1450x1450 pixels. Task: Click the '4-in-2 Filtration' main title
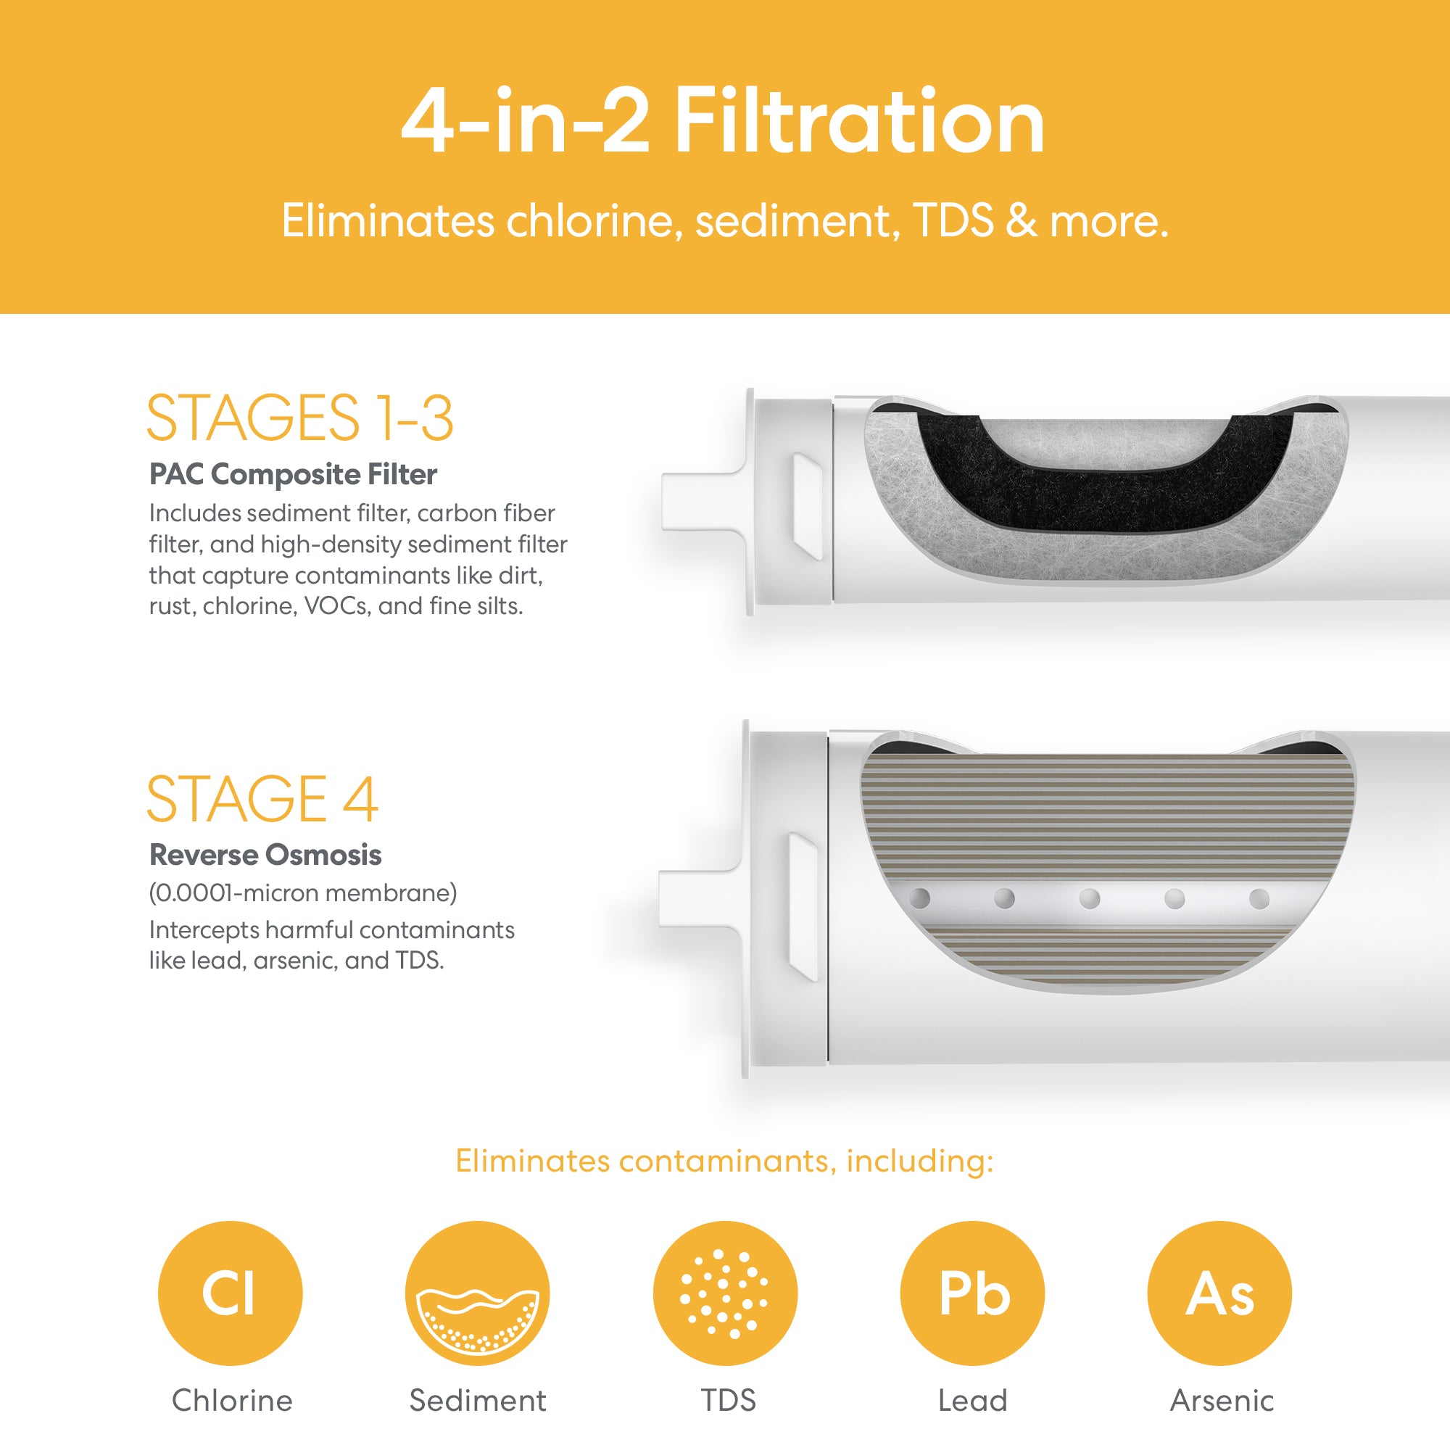[724, 120]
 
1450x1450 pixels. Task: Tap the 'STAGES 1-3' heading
[299, 418]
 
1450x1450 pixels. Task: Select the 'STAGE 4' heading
[262, 798]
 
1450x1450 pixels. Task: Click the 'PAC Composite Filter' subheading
[293, 474]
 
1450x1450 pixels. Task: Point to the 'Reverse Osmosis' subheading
[265, 855]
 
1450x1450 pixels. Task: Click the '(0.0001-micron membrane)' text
[302, 893]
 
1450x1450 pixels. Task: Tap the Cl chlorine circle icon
[230, 1293]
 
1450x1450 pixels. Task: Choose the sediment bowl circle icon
[477, 1293]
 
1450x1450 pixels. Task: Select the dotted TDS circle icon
[725, 1293]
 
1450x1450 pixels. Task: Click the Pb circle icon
[973, 1293]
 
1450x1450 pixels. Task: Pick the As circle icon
[1219, 1293]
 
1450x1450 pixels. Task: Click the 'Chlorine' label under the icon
[232, 1401]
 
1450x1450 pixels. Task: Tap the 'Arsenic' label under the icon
[1222, 1401]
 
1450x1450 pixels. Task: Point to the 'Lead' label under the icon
[973, 1401]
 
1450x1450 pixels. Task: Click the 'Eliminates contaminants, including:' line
[725, 1161]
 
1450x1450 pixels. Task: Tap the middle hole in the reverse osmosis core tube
[1090, 898]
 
